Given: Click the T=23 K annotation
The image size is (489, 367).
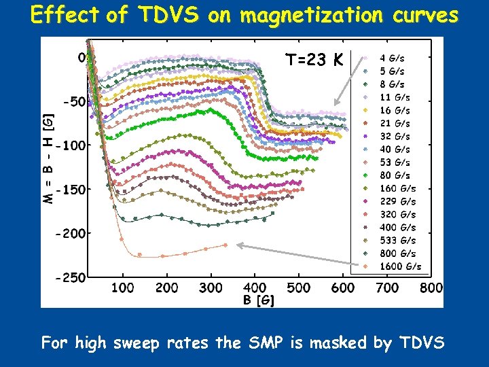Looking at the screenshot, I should pyautogui.click(x=314, y=60).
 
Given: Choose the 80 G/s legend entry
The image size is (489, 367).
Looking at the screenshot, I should pyautogui.click(x=395, y=175).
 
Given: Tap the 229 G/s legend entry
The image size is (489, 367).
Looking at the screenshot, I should pyautogui.click(x=397, y=201).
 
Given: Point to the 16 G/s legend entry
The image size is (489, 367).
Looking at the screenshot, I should pyautogui.click(x=395, y=110).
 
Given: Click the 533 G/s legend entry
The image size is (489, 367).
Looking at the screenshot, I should pyautogui.click(x=397, y=241).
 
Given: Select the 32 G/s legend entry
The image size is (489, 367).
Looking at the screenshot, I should pyautogui.click(x=395, y=136).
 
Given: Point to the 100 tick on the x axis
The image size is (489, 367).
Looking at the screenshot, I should pyautogui.click(x=122, y=288).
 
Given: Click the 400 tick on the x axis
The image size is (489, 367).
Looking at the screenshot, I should pyautogui.click(x=255, y=288).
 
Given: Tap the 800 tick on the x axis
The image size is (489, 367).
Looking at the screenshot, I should pyautogui.click(x=431, y=288).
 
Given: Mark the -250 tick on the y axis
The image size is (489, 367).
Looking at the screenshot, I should pyautogui.click(x=71, y=277).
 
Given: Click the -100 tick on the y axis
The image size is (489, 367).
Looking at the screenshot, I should pyautogui.click(x=71, y=145).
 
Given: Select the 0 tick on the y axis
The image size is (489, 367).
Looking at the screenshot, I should pyautogui.click(x=81, y=58).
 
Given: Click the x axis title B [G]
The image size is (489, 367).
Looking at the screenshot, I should pyautogui.click(x=259, y=300).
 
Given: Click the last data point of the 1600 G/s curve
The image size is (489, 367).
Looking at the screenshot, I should pyautogui.click(x=226, y=245).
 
